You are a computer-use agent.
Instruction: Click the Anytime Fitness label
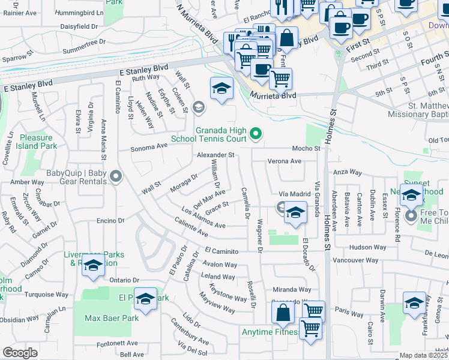[270, 332]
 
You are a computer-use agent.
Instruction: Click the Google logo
[20, 352]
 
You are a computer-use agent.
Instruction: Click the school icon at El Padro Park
[145, 299]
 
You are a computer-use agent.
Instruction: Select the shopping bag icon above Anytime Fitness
[283, 312]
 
